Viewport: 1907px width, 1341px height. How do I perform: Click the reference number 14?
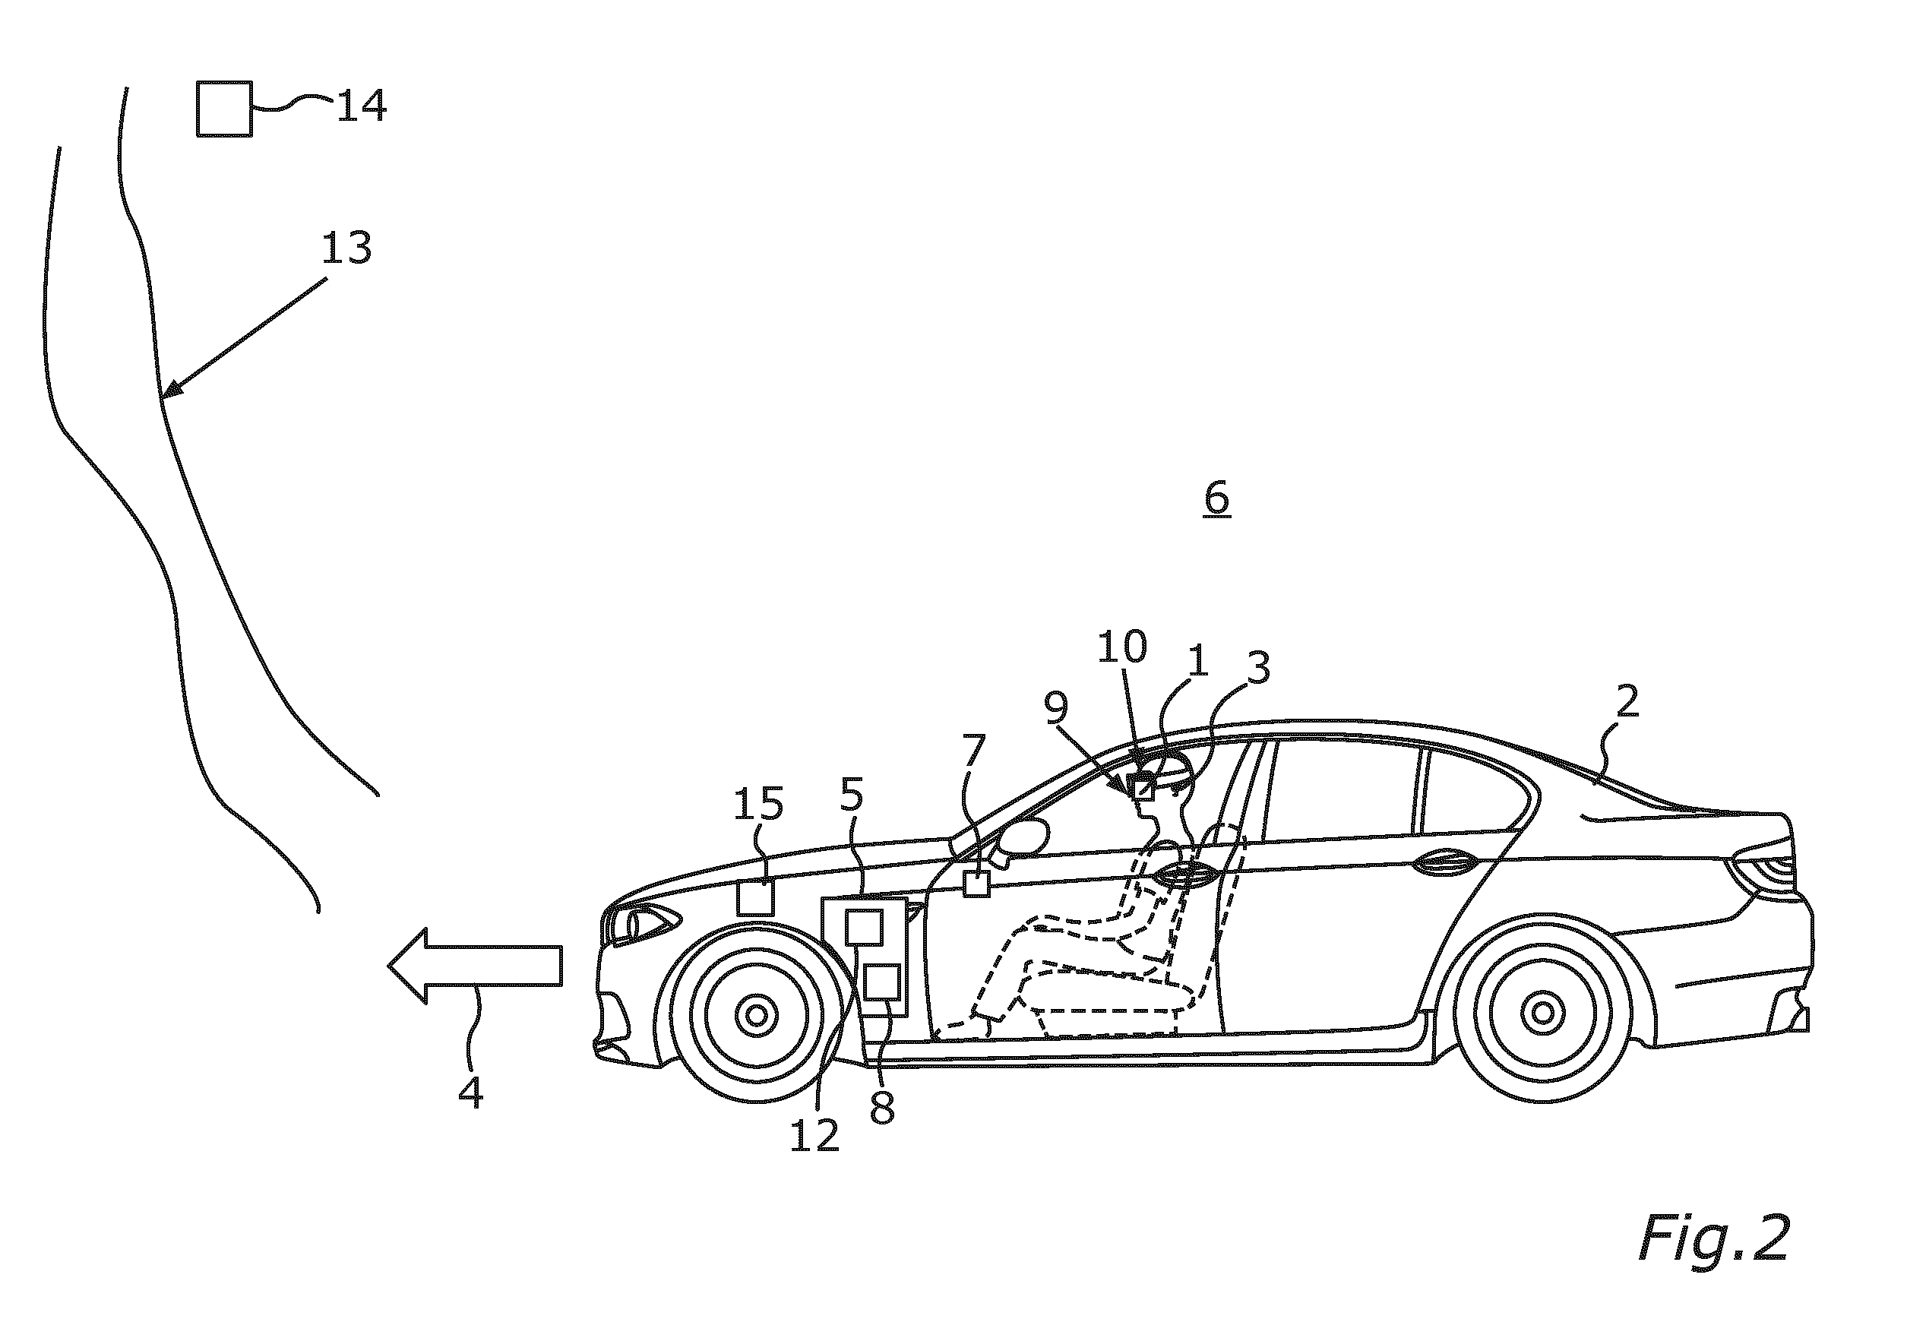click(x=362, y=106)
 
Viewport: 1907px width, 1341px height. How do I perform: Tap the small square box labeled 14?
click(x=224, y=109)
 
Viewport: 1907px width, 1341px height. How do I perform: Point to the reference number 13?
click(x=346, y=248)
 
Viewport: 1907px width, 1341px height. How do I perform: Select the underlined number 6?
click(x=1217, y=499)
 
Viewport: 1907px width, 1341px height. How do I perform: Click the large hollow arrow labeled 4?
click(x=475, y=966)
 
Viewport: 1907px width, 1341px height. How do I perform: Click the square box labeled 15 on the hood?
click(x=756, y=897)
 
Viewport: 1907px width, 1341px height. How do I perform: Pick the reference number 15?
click(x=758, y=804)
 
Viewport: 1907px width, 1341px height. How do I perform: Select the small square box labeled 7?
click(x=977, y=883)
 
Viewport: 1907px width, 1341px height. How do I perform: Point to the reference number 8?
click(x=882, y=1108)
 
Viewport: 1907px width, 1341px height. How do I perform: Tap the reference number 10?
click(x=1123, y=647)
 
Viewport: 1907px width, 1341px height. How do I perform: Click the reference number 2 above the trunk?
click(x=1627, y=701)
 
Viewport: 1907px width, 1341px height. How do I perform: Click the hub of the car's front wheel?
click(x=756, y=1014)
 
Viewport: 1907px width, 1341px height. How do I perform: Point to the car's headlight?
click(x=644, y=922)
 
